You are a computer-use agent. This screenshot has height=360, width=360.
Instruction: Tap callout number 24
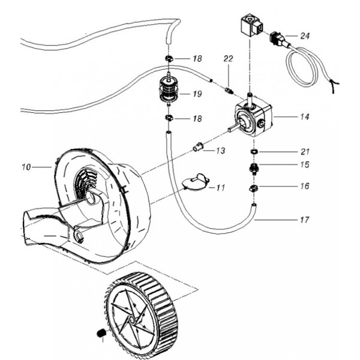pos(305,36)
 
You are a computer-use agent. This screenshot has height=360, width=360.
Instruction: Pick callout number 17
pos(305,220)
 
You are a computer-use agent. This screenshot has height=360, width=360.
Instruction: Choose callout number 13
pos(221,151)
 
